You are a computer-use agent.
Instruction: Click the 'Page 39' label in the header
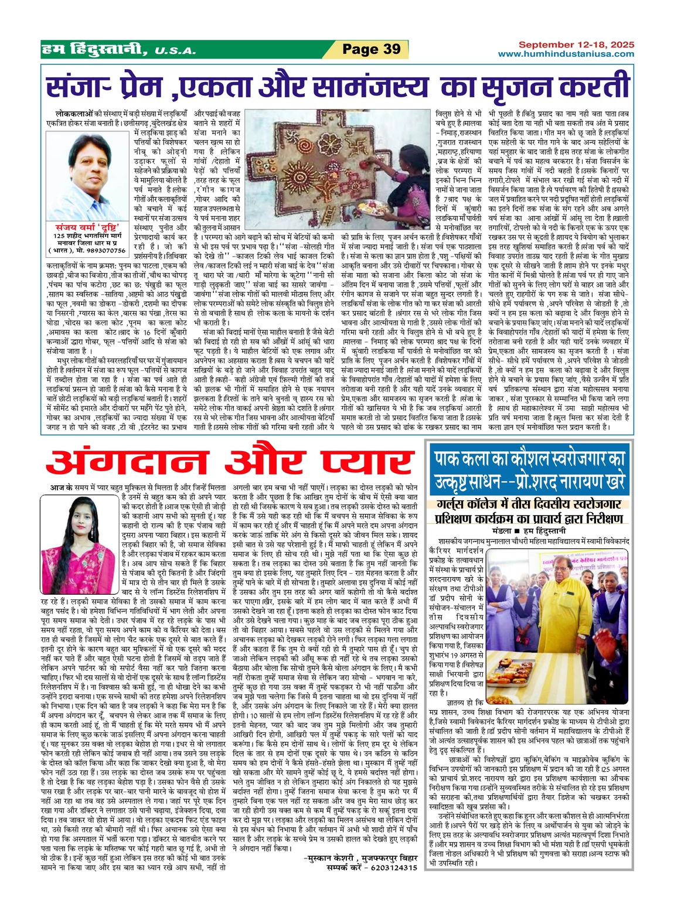371,49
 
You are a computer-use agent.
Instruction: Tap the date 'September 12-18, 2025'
577,45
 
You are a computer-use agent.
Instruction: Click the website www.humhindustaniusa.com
566,54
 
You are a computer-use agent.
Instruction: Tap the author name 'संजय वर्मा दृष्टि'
87,227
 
